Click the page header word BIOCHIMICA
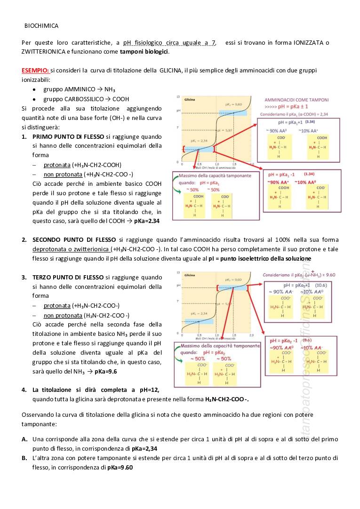coord(41,26)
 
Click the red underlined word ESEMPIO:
coord(35,70)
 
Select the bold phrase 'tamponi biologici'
coord(144,51)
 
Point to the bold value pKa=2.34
coord(147,221)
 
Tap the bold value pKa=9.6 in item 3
coord(105,371)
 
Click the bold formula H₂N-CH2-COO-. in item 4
coord(227,399)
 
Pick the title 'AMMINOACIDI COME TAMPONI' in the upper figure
coord(297,100)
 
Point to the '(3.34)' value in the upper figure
coord(310,121)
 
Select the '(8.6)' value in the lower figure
coord(307,340)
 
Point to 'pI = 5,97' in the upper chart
coord(226,130)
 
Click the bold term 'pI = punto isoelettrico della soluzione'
coord(260,259)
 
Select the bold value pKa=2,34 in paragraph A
coord(144,448)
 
